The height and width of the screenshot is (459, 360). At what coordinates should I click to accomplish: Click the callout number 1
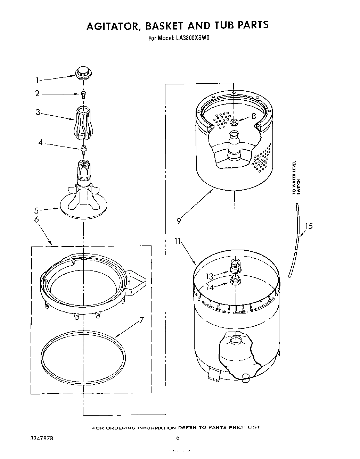click(38, 81)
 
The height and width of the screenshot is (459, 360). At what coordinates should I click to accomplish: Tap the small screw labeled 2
click(83, 94)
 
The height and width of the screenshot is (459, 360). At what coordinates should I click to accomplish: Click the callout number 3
click(38, 112)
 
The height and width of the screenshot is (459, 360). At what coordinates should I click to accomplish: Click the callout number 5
click(36, 210)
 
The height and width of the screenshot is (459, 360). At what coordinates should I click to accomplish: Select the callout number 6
click(36, 220)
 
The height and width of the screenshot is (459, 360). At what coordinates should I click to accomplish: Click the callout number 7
click(141, 320)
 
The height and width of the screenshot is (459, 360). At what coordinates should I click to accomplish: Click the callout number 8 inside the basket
click(254, 117)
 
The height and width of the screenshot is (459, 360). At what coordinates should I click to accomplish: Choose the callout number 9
click(179, 220)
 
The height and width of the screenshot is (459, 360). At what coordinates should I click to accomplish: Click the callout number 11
click(178, 241)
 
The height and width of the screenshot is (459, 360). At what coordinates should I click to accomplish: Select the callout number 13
click(209, 276)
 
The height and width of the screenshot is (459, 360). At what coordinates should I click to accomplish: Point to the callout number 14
click(210, 287)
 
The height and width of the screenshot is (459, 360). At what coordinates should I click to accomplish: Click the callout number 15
click(309, 226)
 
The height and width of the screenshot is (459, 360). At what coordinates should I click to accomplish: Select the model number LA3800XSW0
click(191, 38)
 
